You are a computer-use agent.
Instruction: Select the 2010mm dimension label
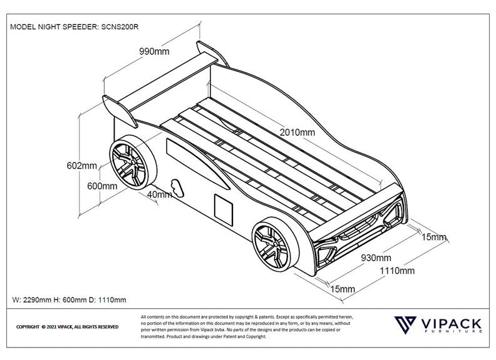[x=297, y=132]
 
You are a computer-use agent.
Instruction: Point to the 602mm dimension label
[x=81, y=166]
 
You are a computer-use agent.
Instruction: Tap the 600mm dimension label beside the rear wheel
[x=102, y=186]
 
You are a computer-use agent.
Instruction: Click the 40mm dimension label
[x=159, y=194]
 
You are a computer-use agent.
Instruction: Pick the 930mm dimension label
[x=376, y=258]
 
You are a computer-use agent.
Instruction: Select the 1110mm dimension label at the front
[x=398, y=271]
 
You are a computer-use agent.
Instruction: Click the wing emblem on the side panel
[x=177, y=186]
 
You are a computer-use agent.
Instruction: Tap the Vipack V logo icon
[x=406, y=326]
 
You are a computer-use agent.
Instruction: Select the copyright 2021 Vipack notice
[x=67, y=327]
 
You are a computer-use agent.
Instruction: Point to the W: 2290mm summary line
[x=69, y=301]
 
